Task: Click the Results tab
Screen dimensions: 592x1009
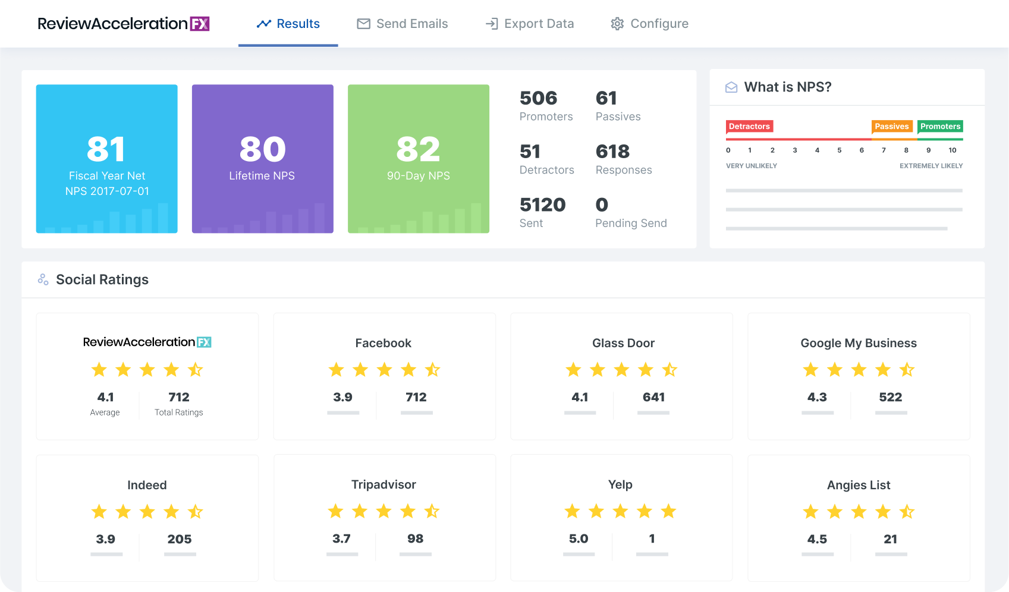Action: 288,24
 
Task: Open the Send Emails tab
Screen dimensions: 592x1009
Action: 403,24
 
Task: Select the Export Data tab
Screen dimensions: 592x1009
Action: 530,24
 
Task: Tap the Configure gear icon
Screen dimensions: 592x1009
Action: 617,24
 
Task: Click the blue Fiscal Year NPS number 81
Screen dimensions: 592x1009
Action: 106,149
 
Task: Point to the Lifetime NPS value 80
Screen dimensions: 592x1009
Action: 262,149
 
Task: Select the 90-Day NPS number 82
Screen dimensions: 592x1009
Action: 418,149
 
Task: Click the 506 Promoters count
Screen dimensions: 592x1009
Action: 538,98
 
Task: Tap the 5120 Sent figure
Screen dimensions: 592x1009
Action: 542,205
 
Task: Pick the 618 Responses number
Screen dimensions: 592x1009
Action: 612,152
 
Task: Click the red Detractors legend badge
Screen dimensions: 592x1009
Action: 749,127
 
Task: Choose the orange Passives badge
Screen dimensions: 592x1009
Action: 891,127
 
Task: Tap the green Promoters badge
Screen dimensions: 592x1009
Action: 940,127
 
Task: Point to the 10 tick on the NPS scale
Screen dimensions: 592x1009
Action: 953,150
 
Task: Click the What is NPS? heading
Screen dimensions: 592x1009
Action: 787,87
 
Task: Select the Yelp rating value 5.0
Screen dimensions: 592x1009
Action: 578,539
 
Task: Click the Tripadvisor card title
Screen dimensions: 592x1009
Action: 384,484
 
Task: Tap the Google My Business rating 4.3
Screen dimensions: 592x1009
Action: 817,397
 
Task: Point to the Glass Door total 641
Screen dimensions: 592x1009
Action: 653,397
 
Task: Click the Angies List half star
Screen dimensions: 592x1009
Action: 907,512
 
